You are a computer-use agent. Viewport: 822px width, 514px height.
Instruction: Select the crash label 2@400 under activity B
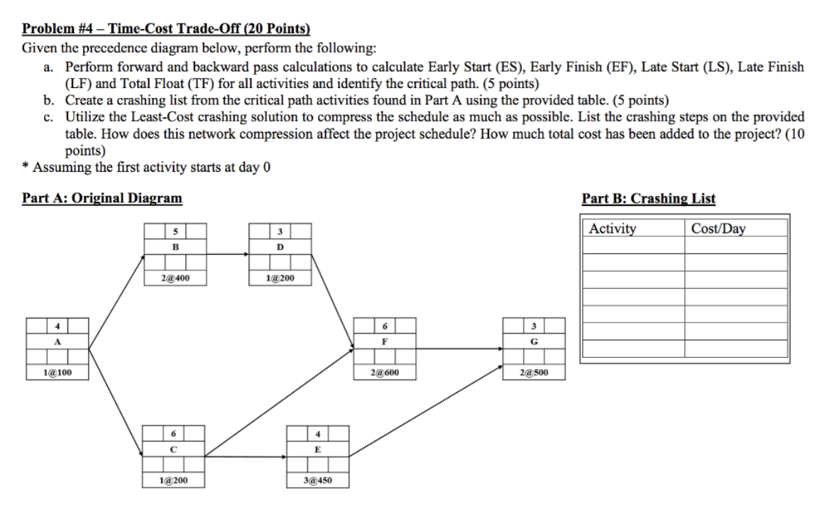click(x=175, y=278)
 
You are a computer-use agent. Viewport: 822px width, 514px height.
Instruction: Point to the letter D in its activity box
click(x=280, y=247)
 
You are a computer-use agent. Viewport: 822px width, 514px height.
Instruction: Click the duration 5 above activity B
click(x=175, y=231)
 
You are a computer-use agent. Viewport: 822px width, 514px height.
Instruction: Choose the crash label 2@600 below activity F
click(x=385, y=372)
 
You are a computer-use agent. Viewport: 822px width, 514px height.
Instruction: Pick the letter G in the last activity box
click(x=533, y=341)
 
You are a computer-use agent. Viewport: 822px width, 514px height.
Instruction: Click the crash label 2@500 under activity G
click(x=533, y=372)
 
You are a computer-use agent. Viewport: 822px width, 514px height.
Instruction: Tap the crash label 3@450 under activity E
click(x=317, y=481)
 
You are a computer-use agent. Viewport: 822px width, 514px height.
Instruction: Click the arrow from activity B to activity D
click(x=227, y=252)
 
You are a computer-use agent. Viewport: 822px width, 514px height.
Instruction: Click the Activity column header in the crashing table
click(x=613, y=229)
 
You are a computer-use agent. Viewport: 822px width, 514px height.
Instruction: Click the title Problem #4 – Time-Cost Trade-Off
click(x=166, y=29)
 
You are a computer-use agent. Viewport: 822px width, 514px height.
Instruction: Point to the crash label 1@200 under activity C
click(x=175, y=481)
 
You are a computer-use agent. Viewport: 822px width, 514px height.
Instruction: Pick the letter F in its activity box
click(x=385, y=341)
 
